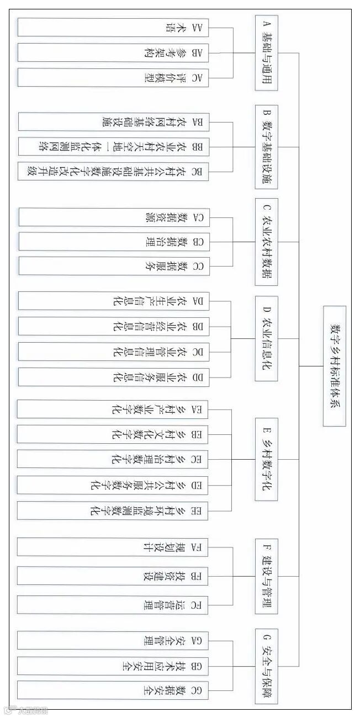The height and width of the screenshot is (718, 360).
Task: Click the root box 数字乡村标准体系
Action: point(335,366)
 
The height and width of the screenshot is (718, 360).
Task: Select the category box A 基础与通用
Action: point(266,53)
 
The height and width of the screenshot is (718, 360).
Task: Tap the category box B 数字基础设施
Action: point(266,147)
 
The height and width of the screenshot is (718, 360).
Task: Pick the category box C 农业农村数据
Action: point(266,242)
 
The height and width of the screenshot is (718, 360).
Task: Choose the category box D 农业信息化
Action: point(266,338)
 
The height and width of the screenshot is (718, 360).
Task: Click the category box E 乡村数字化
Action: point(266,459)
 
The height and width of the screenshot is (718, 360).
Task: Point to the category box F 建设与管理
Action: point(266,576)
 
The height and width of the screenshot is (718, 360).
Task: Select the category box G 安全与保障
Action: point(266,666)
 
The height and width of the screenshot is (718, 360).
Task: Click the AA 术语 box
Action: point(113,28)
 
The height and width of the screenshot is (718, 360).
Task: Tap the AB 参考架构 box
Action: point(113,53)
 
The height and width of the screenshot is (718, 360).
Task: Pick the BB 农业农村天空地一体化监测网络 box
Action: point(113,147)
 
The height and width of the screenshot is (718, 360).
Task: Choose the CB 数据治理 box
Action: point(113,242)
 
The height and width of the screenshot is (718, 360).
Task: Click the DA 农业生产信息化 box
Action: point(113,301)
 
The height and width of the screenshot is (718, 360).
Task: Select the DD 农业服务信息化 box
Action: point(113,377)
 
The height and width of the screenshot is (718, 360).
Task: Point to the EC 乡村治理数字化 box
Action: point(113,459)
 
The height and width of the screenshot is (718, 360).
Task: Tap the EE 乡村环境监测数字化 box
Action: point(113,510)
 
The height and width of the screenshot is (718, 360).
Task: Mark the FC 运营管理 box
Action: point(113,605)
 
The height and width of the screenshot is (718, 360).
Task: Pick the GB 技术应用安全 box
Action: point(113,666)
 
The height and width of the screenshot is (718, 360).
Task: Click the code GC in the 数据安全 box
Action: point(197,690)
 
